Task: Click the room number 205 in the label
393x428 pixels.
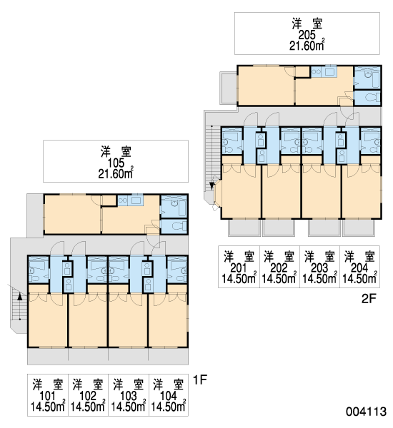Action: click(307, 35)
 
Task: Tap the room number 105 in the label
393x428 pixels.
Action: click(116, 163)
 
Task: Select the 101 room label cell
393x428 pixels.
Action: click(48, 395)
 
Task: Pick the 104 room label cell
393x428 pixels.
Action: click(169, 395)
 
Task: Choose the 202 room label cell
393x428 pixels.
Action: click(279, 267)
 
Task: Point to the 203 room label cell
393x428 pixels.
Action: click(319, 267)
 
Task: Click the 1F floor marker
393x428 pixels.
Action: click(200, 379)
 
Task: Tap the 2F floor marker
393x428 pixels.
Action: click(369, 299)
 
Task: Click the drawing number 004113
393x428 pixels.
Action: click(366, 412)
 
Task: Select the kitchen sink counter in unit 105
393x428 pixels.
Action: click(130, 200)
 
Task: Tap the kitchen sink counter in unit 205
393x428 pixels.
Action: click(324, 72)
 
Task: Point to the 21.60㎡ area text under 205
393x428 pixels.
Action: click(307, 46)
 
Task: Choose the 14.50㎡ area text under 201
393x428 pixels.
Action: click(239, 278)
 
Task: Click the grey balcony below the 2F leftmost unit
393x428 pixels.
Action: click(244, 228)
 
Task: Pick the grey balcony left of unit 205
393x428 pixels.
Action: click(229, 88)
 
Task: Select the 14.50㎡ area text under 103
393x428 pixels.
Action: click(129, 407)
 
